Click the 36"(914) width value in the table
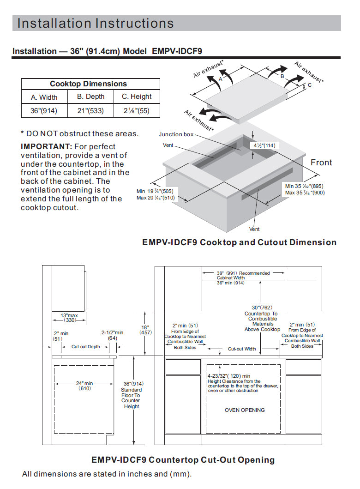tap(44, 111)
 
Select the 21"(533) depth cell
tap(90, 111)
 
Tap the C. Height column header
tap(137, 97)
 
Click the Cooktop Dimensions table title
tap(88, 84)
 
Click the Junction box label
tap(176, 134)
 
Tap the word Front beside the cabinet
tap(321, 163)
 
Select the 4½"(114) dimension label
tap(264, 145)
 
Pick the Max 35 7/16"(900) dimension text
tap(305, 193)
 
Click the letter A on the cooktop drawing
tap(221, 79)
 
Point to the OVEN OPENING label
tap(245, 410)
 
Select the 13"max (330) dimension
tap(70, 318)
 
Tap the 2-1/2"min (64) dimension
tap(113, 335)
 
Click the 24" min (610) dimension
tap(84, 386)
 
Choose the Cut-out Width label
tap(242, 349)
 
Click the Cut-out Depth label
tap(85, 346)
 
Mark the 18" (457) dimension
tap(145, 330)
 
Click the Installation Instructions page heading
tap(96, 23)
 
